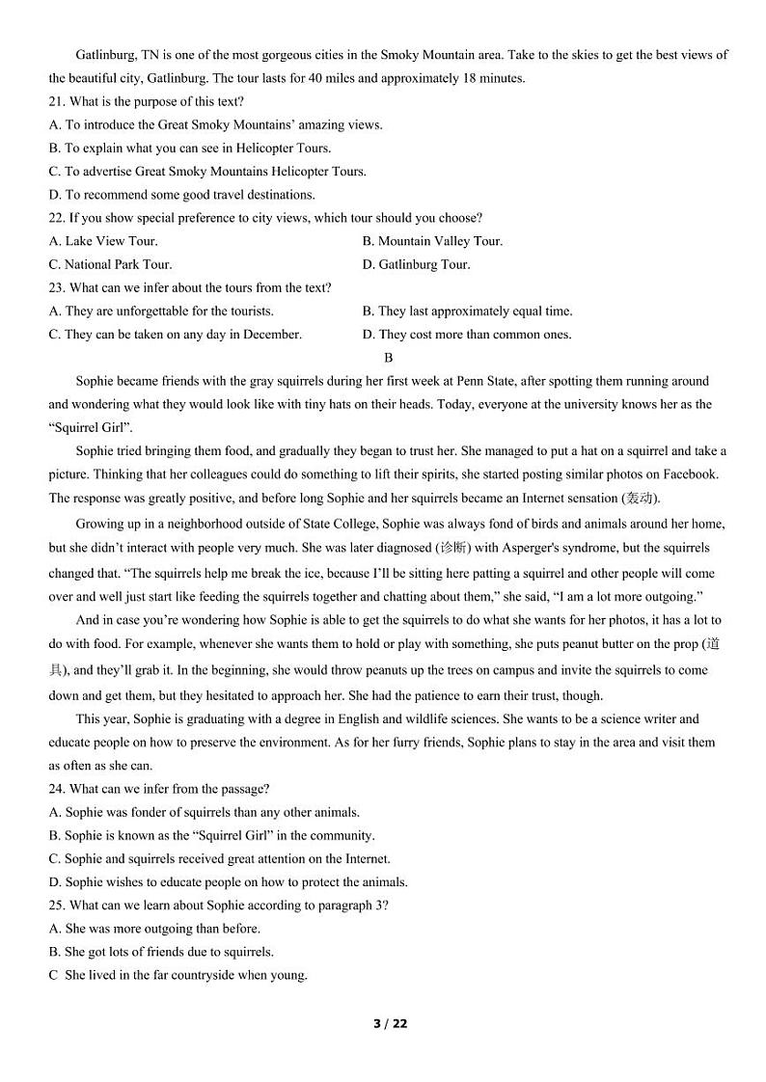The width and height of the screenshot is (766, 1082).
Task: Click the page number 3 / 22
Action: (391, 1023)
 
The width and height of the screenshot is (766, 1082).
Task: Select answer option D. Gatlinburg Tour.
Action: (416, 264)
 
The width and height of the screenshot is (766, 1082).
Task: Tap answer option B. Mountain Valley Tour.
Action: (432, 241)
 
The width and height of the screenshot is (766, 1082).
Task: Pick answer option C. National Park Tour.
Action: (110, 264)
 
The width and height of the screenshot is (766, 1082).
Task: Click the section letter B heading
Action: (389, 358)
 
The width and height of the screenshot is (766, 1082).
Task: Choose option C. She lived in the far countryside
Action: (178, 974)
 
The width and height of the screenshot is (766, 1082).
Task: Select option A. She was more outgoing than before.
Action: (154, 928)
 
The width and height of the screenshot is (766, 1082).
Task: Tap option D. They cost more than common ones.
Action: (467, 335)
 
